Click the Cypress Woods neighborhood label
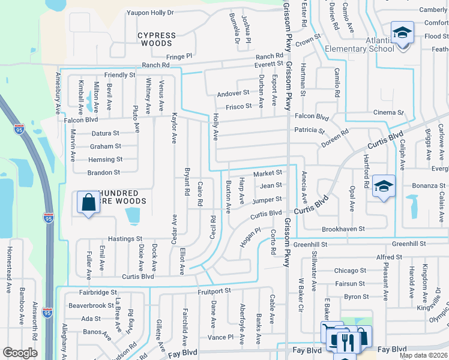[157, 40]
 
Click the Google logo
[20, 353]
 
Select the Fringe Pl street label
[179, 56]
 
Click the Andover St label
[233, 93]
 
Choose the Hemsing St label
[105, 160]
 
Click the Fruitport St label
[214, 291]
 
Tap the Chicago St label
[350, 271]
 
